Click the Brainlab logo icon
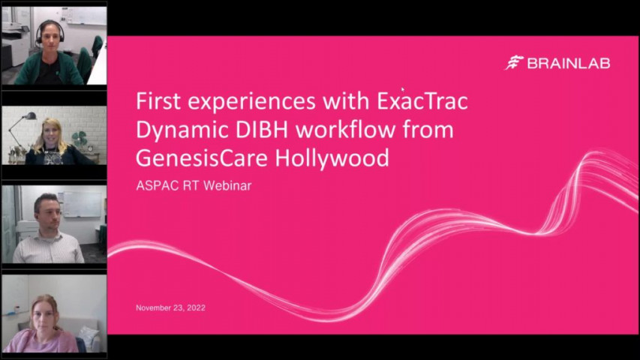click(x=514, y=63)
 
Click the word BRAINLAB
click(x=568, y=64)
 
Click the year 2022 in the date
click(x=194, y=308)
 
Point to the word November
click(x=155, y=308)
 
